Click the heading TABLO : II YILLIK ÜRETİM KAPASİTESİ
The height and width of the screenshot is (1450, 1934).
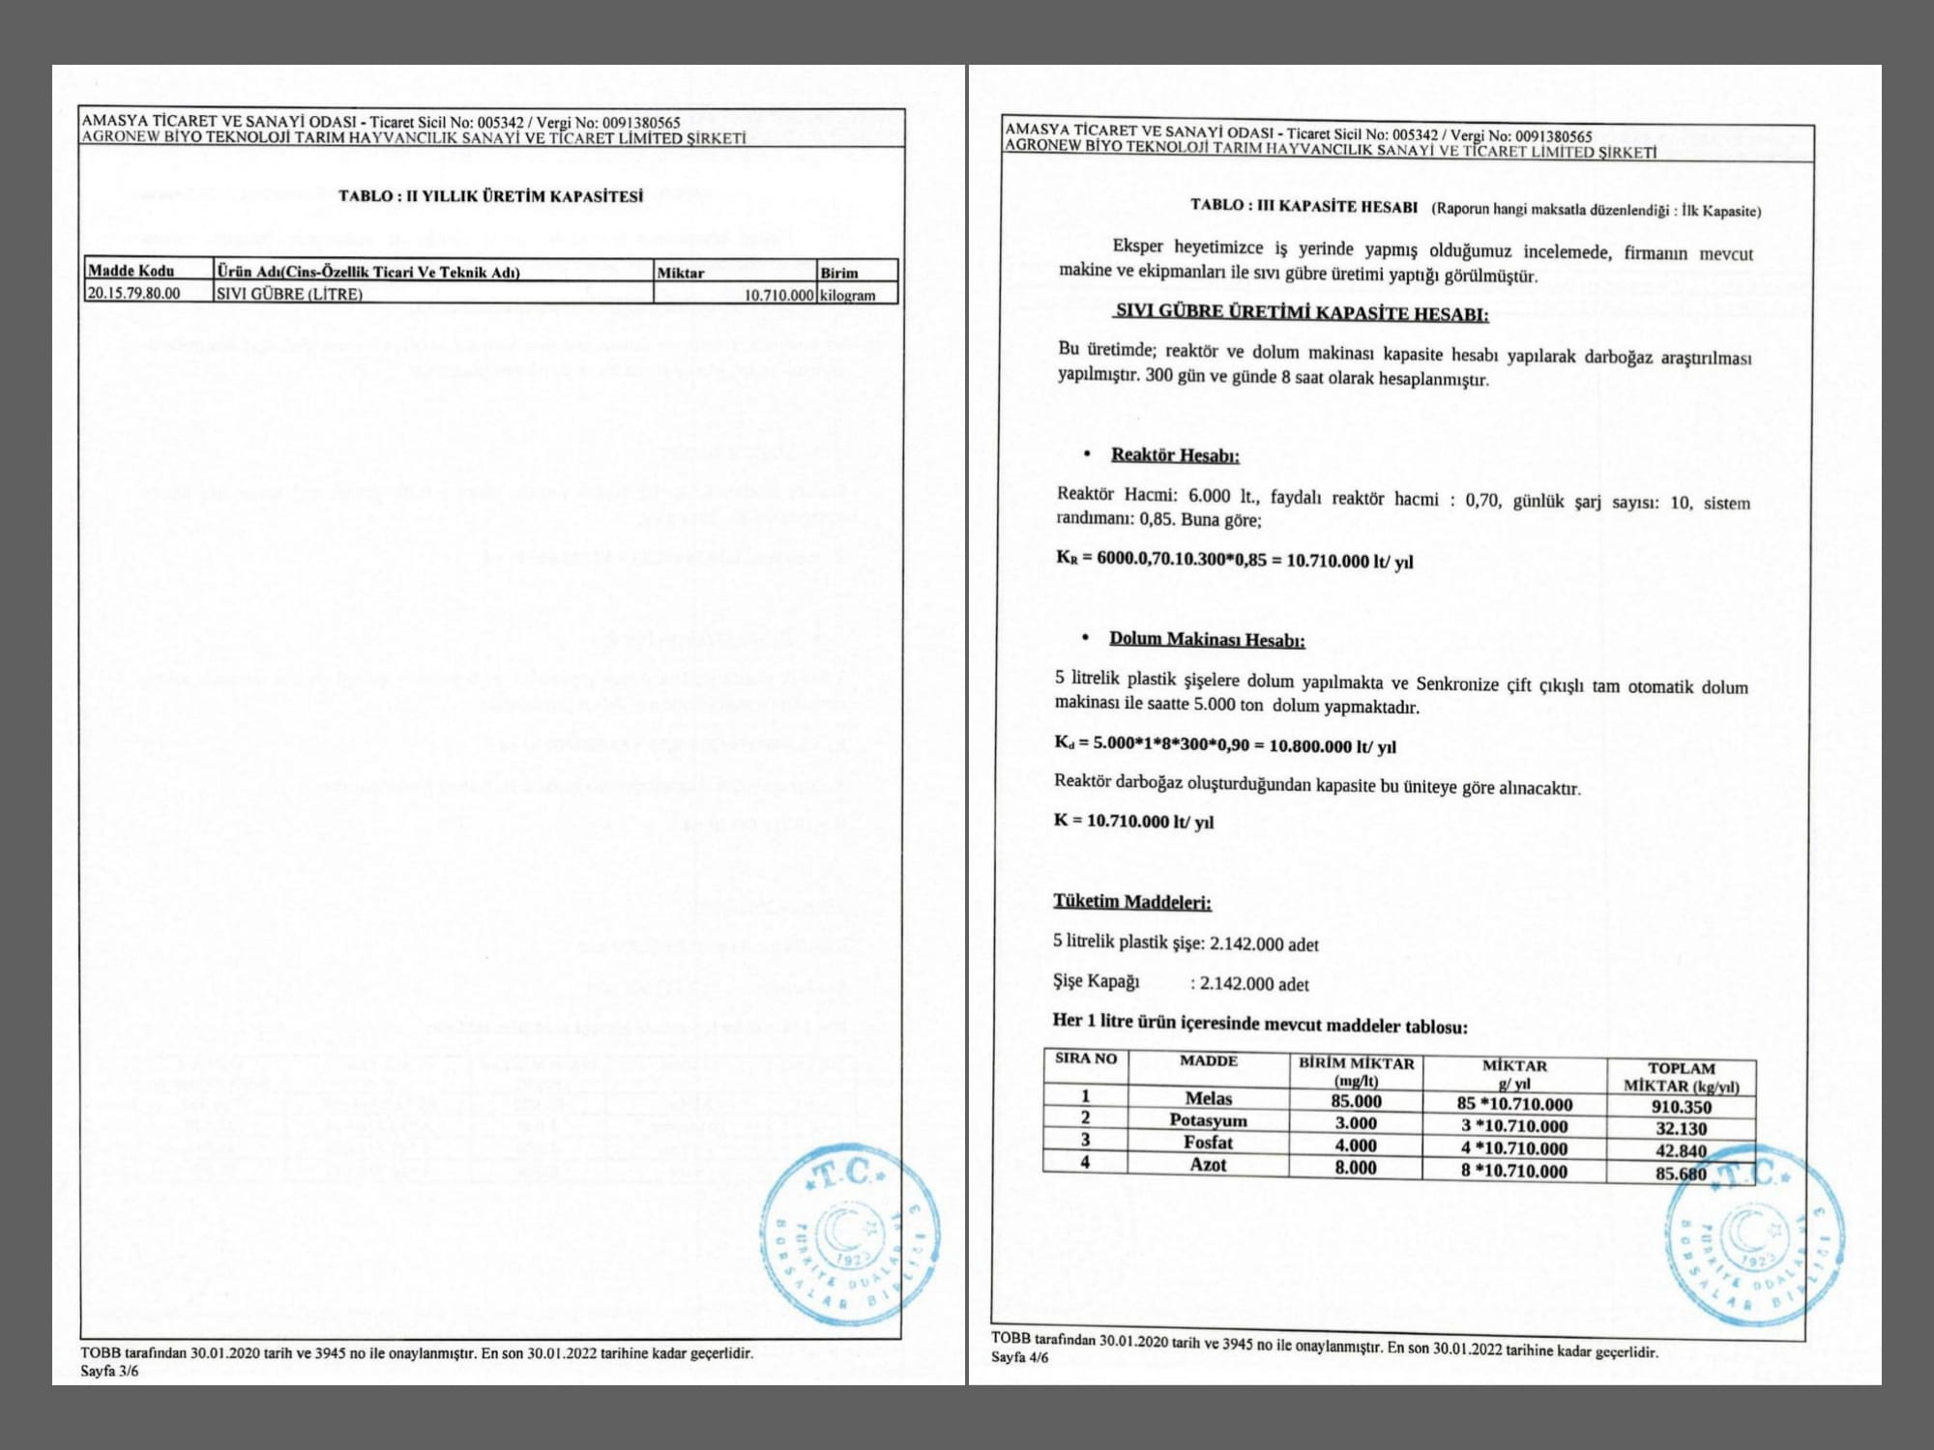coord(490,196)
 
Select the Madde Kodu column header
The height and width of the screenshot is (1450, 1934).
coord(132,271)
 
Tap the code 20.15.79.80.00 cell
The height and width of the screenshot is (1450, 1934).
coord(134,293)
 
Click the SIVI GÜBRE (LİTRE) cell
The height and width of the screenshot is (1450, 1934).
coord(289,294)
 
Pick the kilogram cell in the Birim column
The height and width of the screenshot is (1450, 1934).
coord(847,295)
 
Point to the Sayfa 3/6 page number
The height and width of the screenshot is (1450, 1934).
coord(109,1371)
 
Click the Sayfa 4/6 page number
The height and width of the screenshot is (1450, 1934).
coord(1019,1357)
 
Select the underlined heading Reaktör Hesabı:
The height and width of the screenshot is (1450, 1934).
coord(1175,455)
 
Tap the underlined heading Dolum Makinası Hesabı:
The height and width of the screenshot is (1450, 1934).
coord(1207,639)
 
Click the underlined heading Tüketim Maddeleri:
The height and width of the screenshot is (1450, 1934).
coord(1132,902)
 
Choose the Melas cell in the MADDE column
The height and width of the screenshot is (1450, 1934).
coord(1209,1098)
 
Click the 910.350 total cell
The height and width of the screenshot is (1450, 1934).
coord(1682,1107)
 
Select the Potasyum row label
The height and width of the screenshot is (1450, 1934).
coord(1209,1120)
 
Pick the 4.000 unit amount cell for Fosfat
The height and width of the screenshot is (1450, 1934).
coord(1356,1145)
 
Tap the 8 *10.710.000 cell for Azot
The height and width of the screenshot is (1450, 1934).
coord(1514,1171)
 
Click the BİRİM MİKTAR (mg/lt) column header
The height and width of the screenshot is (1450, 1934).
coord(1356,1072)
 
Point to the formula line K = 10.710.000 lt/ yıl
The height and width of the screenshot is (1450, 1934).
coord(1133,822)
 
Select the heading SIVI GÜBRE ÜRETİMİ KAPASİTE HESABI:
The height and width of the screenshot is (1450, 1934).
coord(1302,313)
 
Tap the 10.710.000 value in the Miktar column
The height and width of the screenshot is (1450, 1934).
coord(778,295)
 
